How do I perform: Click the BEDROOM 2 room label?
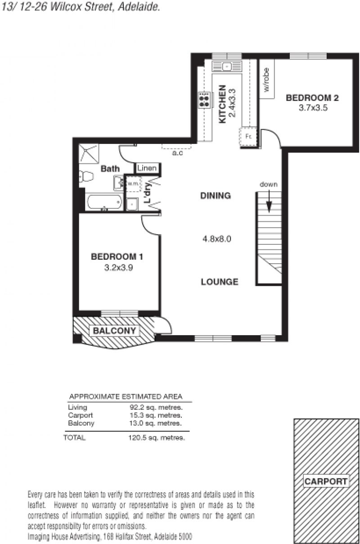click(312, 98)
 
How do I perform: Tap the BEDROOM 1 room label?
click(117, 256)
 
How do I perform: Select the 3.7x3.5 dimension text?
click(313, 108)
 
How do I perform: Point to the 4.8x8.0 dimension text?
click(217, 239)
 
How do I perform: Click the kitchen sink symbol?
click(227, 66)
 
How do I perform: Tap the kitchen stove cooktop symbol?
click(204, 100)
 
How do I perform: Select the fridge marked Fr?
click(248, 136)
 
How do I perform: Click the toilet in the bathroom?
click(86, 176)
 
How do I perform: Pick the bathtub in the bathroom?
click(104, 202)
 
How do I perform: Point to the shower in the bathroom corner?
click(89, 153)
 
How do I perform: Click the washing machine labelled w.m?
click(133, 184)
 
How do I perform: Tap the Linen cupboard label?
click(147, 168)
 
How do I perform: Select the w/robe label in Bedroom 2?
click(266, 80)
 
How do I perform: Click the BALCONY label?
click(114, 331)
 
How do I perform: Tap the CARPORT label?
click(326, 482)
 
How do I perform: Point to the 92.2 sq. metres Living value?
click(156, 407)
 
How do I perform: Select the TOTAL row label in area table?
click(75, 438)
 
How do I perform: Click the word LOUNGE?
click(220, 282)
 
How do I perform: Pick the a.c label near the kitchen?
click(177, 153)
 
